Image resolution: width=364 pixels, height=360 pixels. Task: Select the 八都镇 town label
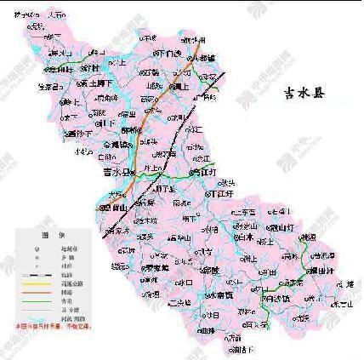coord(205,57)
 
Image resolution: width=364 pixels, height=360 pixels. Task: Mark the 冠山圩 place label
coord(281,227)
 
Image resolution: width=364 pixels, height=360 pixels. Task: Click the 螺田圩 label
coord(321,270)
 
